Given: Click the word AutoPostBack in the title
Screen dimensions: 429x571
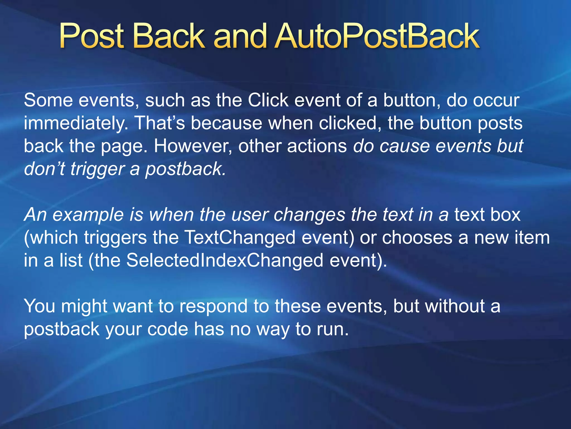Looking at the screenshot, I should (376, 36).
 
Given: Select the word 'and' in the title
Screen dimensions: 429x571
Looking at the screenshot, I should (240, 36).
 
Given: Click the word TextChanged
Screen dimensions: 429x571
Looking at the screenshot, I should (240, 238).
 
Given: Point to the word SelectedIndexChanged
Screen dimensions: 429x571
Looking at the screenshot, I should (225, 261).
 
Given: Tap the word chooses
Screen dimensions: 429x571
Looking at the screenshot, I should (417, 238).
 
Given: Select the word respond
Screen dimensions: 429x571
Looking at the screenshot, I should (214, 306).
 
